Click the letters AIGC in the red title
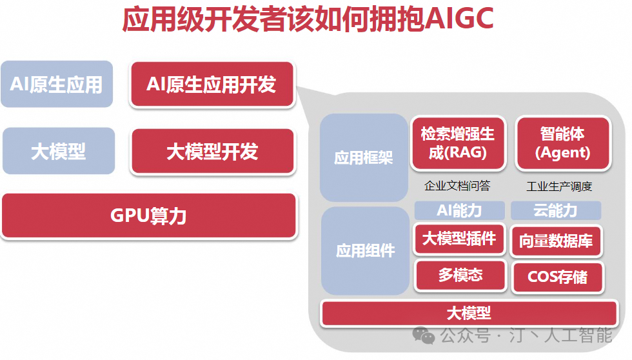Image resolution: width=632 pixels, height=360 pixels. tap(459, 19)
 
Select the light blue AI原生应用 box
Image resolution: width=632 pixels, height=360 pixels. tap(57, 85)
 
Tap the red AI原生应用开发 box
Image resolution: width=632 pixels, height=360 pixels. tap(212, 85)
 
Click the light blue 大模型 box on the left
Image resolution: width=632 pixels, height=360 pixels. tap(59, 151)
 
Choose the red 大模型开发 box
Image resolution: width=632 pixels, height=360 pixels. tap(213, 152)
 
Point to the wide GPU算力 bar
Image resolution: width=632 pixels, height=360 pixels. tap(149, 215)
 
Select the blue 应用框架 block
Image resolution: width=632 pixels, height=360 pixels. tap(364, 157)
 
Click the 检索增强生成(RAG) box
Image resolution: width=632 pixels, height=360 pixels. tap(458, 143)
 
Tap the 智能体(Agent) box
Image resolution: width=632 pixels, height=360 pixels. tap(563, 143)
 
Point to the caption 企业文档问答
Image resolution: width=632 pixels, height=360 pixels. tap(457, 186)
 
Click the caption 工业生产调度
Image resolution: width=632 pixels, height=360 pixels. tap(559, 186)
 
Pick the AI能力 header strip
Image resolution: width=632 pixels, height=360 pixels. tap(459, 210)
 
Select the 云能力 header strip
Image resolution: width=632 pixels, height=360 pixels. tap(556, 210)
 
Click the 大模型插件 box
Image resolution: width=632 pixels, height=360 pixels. tap(459, 239)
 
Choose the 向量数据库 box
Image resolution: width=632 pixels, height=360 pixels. tap(556, 241)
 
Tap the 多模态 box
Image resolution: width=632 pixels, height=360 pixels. tap(460, 275)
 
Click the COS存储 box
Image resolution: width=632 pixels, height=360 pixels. tap(558, 277)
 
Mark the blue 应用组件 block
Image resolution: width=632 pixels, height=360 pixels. tap(365, 251)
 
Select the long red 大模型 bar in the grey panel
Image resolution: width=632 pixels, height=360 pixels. tap(469, 314)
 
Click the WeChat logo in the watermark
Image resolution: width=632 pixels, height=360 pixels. tap(423, 335)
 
